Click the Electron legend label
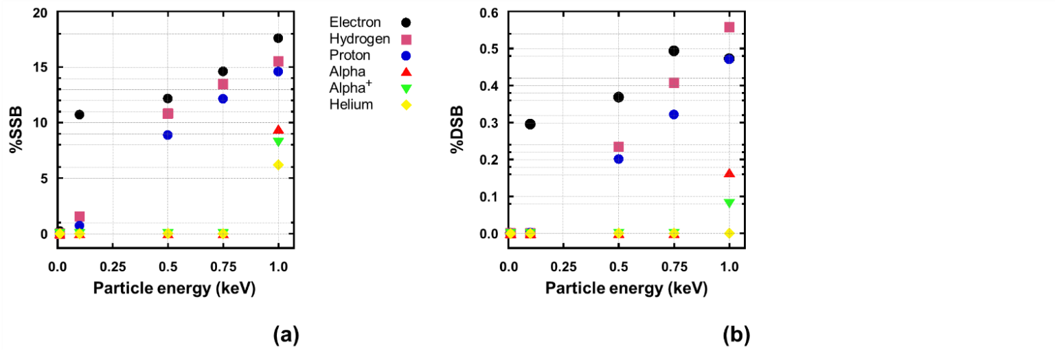[x=355, y=23]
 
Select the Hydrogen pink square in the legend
[x=405, y=39]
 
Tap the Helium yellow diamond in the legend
[x=405, y=104]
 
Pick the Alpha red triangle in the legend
[x=405, y=71]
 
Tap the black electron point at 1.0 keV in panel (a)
[x=278, y=38]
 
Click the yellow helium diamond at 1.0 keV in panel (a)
[x=278, y=164]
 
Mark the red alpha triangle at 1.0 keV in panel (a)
[x=278, y=130]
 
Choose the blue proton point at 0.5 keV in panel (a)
[x=168, y=135]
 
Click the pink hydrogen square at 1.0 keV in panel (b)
[x=729, y=27]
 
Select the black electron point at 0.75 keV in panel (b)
[x=674, y=51]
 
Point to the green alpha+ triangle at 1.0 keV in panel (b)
[x=729, y=203]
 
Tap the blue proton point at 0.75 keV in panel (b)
[x=674, y=114]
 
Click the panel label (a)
[x=286, y=335]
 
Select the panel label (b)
[x=736, y=335]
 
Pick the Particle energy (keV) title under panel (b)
[x=626, y=289]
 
